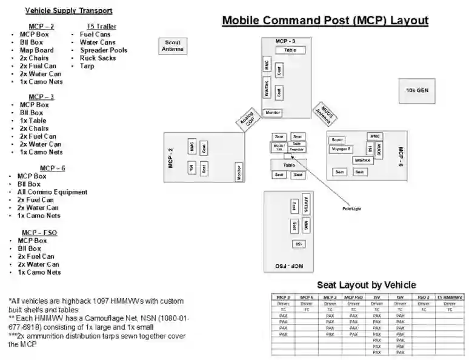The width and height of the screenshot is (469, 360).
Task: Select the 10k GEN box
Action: (417, 90)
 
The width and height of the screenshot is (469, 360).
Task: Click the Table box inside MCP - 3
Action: (291, 50)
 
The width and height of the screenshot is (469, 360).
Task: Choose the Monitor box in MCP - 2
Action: (239, 172)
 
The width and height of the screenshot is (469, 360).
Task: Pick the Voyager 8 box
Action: (341, 148)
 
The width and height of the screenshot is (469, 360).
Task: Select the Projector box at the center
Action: (297, 149)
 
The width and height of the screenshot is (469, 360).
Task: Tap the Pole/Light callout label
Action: (351, 208)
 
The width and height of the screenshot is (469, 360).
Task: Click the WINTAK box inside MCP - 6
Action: (362, 160)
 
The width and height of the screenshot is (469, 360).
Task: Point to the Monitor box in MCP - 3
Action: (273, 113)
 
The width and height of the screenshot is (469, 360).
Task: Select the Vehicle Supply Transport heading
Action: (68, 11)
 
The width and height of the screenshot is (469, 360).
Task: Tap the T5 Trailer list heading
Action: (101, 27)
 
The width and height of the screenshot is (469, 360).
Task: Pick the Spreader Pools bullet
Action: (104, 50)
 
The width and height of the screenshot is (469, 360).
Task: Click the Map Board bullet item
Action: (36, 50)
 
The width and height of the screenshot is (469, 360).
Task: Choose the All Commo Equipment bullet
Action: (52, 192)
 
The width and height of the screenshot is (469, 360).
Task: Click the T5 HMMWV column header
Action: (450, 298)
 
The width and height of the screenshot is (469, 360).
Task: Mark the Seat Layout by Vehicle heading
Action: (366, 285)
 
